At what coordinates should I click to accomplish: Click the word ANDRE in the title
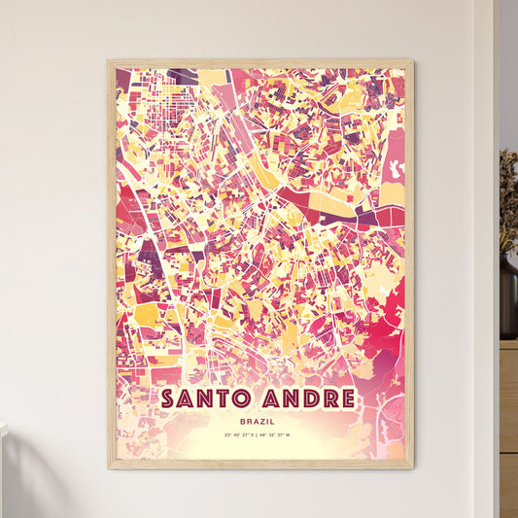(304, 398)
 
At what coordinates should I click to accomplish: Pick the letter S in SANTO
(169, 398)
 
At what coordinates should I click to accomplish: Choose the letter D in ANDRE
(305, 398)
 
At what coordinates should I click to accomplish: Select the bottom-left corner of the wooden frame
(109, 467)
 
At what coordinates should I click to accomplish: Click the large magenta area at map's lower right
(384, 335)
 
